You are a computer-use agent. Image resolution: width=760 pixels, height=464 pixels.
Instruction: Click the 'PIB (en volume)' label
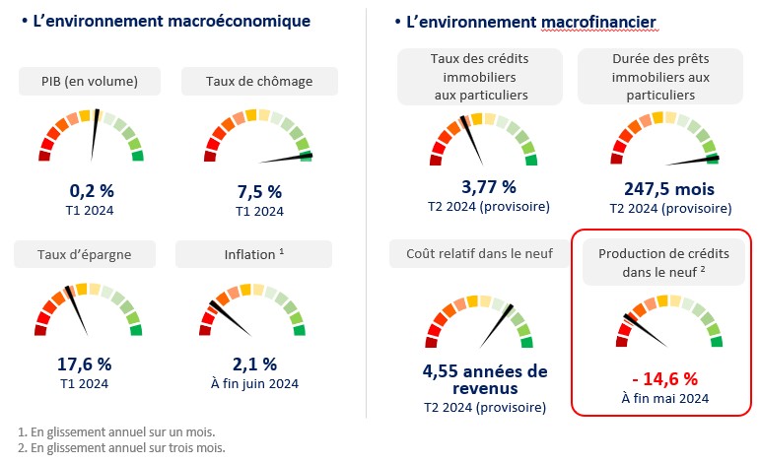click(x=90, y=81)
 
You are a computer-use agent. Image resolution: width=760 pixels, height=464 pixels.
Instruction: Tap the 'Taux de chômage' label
click(x=259, y=81)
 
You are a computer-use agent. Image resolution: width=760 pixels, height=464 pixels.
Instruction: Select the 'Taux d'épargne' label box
click(x=86, y=254)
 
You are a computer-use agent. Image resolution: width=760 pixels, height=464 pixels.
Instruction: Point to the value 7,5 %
click(x=259, y=191)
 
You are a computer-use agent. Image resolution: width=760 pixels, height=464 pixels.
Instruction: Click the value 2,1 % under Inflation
click(x=255, y=365)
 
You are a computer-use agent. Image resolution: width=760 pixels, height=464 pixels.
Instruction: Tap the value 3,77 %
click(x=489, y=186)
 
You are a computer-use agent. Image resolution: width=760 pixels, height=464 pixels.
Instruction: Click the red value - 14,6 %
click(x=665, y=377)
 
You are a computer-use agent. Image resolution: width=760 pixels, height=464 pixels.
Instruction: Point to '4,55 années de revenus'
click(x=484, y=379)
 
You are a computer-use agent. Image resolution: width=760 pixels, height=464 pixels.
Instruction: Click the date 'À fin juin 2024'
click(x=255, y=383)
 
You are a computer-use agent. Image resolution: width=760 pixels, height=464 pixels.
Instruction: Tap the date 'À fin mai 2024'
click(x=665, y=398)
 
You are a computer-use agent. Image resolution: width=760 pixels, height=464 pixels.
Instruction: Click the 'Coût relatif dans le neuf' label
click(x=479, y=254)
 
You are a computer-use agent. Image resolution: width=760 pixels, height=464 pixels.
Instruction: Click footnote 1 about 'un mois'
click(x=116, y=431)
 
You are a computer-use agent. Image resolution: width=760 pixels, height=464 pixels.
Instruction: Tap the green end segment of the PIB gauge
click(x=137, y=155)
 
